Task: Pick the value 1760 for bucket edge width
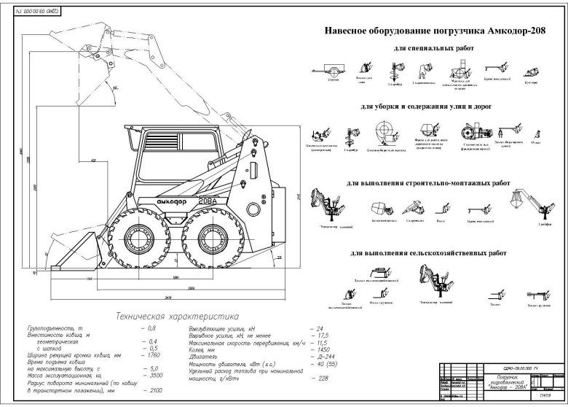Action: coord(149,354)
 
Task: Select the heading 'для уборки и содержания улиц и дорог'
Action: coord(426,106)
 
